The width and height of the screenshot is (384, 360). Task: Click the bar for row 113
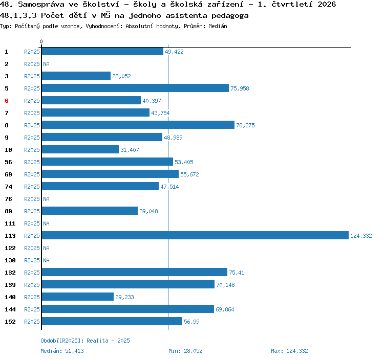(195, 235)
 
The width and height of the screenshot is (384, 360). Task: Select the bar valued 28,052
(76, 76)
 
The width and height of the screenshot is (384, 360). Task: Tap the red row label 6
(7, 101)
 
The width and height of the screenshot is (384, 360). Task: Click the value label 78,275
(245, 125)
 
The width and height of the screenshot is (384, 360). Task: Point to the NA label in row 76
(46, 199)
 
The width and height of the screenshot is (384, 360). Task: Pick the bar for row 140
(78, 297)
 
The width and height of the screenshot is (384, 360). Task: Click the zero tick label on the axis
(41, 41)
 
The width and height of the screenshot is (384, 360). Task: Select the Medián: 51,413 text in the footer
(62, 351)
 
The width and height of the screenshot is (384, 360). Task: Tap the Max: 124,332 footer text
(289, 351)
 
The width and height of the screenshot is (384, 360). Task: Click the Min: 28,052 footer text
(185, 351)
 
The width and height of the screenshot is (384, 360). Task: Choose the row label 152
(10, 322)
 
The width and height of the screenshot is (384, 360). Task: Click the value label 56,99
(191, 322)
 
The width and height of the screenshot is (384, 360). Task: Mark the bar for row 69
(110, 174)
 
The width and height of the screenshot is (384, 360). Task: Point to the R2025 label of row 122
(32, 248)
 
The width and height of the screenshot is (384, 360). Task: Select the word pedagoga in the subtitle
(230, 16)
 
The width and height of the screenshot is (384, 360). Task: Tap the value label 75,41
(237, 273)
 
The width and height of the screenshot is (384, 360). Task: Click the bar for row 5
(135, 88)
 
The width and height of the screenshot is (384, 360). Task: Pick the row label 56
(8, 162)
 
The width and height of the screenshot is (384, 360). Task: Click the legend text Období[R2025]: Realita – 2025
(85, 341)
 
